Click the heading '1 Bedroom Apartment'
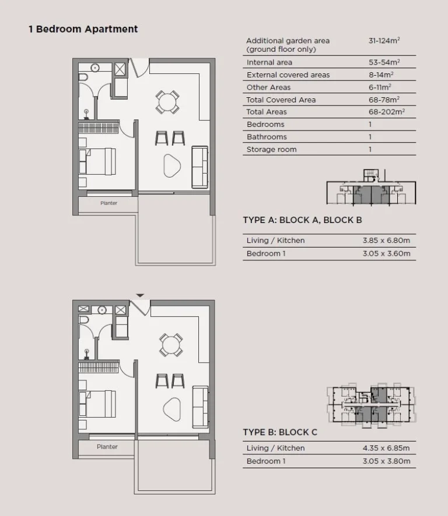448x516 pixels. point(83,29)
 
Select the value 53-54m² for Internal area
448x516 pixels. point(384,62)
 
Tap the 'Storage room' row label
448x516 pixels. point(271,150)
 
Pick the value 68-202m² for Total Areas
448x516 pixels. point(387,112)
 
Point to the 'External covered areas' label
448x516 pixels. point(288,75)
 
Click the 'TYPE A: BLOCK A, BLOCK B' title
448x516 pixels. point(302,220)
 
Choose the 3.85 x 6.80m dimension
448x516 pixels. point(386,241)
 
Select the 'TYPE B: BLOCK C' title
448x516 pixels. point(280,433)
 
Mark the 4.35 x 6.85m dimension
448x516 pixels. point(386,448)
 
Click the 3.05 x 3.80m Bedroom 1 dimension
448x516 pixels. point(386,461)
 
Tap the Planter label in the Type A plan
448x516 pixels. point(108,203)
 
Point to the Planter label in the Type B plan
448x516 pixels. point(107,447)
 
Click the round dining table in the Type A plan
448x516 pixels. point(167,103)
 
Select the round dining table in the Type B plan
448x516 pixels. point(171,345)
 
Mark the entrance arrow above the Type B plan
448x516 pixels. point(140,296)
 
